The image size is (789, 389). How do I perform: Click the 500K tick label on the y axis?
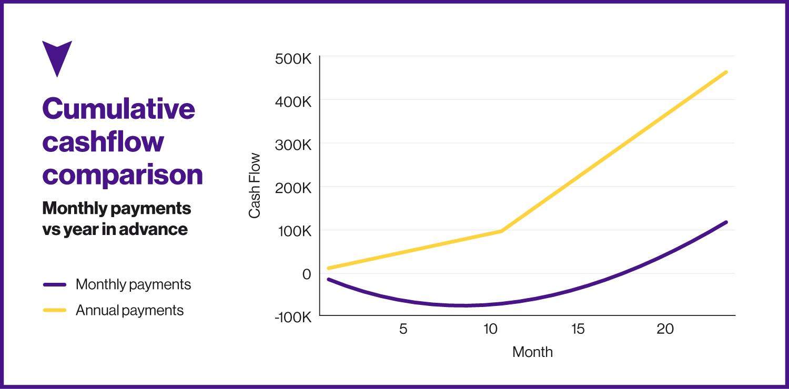[x=294, y=59]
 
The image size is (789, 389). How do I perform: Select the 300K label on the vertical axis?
[x=294, y=144]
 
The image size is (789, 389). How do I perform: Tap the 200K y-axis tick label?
[x=294, y=188]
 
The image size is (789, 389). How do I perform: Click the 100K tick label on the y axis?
[x=294, y=231]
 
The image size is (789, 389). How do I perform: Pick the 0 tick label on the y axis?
[x=306, y=274]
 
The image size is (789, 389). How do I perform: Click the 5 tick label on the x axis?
[x=403, y=329]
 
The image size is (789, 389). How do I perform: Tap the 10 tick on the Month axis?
[x=490, y=329]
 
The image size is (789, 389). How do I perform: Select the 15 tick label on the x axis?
[x=578, y=329]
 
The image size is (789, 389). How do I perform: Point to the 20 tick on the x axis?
[x=665, y=329]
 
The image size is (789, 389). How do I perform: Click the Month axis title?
[x=532, y=352]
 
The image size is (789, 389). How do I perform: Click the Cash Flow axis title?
[x=255, y=186]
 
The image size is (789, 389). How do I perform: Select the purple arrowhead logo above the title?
[x=56, y=57]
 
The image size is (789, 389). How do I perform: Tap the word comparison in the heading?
[x=122, y=175]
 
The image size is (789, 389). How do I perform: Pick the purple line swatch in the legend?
[x=55, y=284]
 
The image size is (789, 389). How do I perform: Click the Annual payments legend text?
[x=129, y=310]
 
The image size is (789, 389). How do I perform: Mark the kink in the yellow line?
[x=501, y=231]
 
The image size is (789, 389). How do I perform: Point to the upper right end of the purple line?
[x=726, y=222]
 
